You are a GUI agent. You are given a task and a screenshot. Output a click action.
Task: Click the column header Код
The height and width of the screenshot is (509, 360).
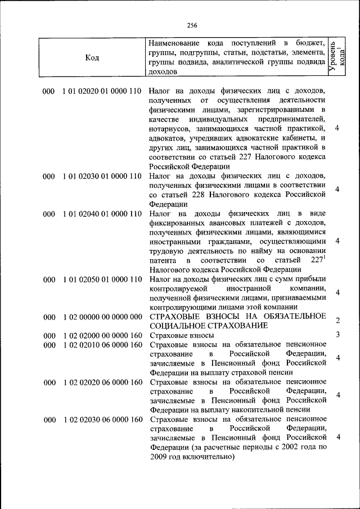[x=92, y=57]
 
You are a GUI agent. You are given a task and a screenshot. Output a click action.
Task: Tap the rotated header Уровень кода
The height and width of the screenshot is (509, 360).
[x=337, y=57]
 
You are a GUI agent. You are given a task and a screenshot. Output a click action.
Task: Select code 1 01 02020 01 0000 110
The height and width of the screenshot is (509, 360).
[x=102, y=91]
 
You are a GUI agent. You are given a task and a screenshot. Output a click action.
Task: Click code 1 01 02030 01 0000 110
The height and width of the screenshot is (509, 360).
[x=102, y=176]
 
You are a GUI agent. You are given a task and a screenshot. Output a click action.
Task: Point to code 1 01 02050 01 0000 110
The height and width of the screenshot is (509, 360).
[x=102, y=280]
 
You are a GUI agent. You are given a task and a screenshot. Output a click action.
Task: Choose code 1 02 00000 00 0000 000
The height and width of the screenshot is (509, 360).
[x=102, y=317]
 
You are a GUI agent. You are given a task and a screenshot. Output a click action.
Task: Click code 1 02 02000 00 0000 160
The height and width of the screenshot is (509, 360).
[x=102, y=336]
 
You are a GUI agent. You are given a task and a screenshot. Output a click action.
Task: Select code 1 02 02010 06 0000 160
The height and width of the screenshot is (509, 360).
[x=102, y=345]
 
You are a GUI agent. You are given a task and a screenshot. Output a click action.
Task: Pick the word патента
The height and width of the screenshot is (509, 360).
[x=164, y=261]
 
